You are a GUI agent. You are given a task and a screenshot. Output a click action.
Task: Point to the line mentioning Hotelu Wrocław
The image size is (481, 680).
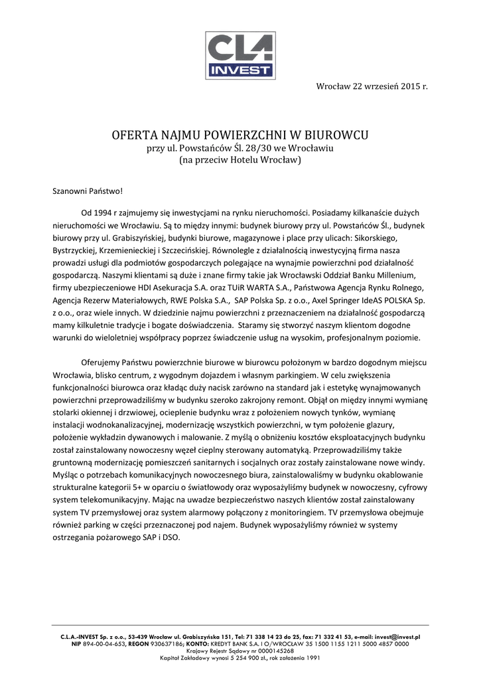[x=240, y=160]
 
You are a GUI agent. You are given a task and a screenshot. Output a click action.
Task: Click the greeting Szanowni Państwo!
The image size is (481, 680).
[x=88, y=191]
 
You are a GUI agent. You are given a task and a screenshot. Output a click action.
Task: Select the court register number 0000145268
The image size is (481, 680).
[x=263, y=651]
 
